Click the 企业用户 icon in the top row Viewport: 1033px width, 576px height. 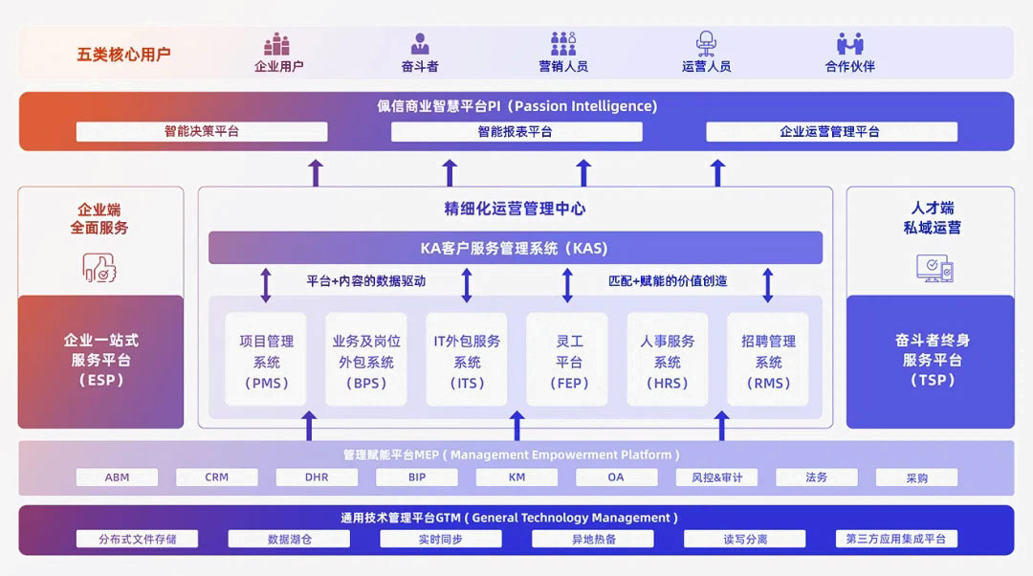277,44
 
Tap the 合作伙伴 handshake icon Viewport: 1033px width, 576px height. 849,44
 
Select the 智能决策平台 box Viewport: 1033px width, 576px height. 202,132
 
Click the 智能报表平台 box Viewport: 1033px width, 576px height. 516,132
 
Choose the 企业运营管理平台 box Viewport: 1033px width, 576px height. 829,132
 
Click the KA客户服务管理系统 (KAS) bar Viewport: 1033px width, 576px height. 515,248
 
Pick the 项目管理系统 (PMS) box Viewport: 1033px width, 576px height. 266,362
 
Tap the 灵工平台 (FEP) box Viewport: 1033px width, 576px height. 568,362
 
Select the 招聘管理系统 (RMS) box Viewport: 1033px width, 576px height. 768,362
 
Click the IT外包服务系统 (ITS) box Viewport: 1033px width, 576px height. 467,362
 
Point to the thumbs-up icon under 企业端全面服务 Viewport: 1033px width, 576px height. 99,267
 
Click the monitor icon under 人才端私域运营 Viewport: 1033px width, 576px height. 934,268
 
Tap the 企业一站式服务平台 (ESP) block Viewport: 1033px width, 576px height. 100,360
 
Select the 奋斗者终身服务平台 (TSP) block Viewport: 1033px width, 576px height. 932,360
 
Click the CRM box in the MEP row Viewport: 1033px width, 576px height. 217,477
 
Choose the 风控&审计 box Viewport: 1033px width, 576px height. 717,477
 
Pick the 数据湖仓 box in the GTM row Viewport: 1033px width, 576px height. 289,540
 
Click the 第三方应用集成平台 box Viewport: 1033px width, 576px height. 895,540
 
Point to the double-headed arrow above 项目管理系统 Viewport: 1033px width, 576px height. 266,285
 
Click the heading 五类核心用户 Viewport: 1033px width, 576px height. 123,55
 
